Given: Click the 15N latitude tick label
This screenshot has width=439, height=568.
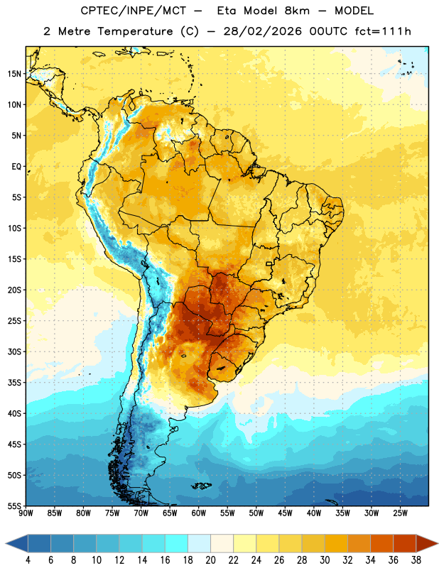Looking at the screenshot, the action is (x=14, y=74).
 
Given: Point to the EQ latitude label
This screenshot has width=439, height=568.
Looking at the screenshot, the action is (x=16, y=167).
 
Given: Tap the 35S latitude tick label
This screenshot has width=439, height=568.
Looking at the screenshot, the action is (x=14, y=383).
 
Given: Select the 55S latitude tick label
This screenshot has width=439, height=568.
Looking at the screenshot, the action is (x=14, y=506).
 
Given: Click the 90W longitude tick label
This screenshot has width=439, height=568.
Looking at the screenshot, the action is (x=26, y=513).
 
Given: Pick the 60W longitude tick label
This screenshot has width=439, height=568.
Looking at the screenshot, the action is (x=199, y=513).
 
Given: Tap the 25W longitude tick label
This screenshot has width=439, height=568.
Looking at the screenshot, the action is (x=400, y=513).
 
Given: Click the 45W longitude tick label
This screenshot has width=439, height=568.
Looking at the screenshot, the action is (x=285, y=513).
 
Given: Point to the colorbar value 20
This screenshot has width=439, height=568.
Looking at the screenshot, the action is (x=210, y=560).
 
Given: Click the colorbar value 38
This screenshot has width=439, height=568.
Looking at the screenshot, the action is (x=416, y=560).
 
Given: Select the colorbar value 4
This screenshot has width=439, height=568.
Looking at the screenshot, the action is (x=28, y=560).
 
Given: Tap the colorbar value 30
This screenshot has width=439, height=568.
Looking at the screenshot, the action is (x=325, y=560).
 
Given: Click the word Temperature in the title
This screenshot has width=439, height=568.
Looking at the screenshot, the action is (x=135, y=31).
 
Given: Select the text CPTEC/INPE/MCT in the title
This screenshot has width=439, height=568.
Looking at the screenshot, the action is (x=134, y=11).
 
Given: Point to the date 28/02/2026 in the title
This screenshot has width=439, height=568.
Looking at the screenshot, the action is (x=262, y=31).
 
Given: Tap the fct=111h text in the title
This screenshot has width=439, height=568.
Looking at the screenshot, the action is (x=383, y=31).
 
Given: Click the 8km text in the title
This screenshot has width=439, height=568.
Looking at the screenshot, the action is (x=297, y=11).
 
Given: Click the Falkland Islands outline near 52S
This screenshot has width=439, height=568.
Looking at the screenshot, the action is (x=201, y=486).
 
